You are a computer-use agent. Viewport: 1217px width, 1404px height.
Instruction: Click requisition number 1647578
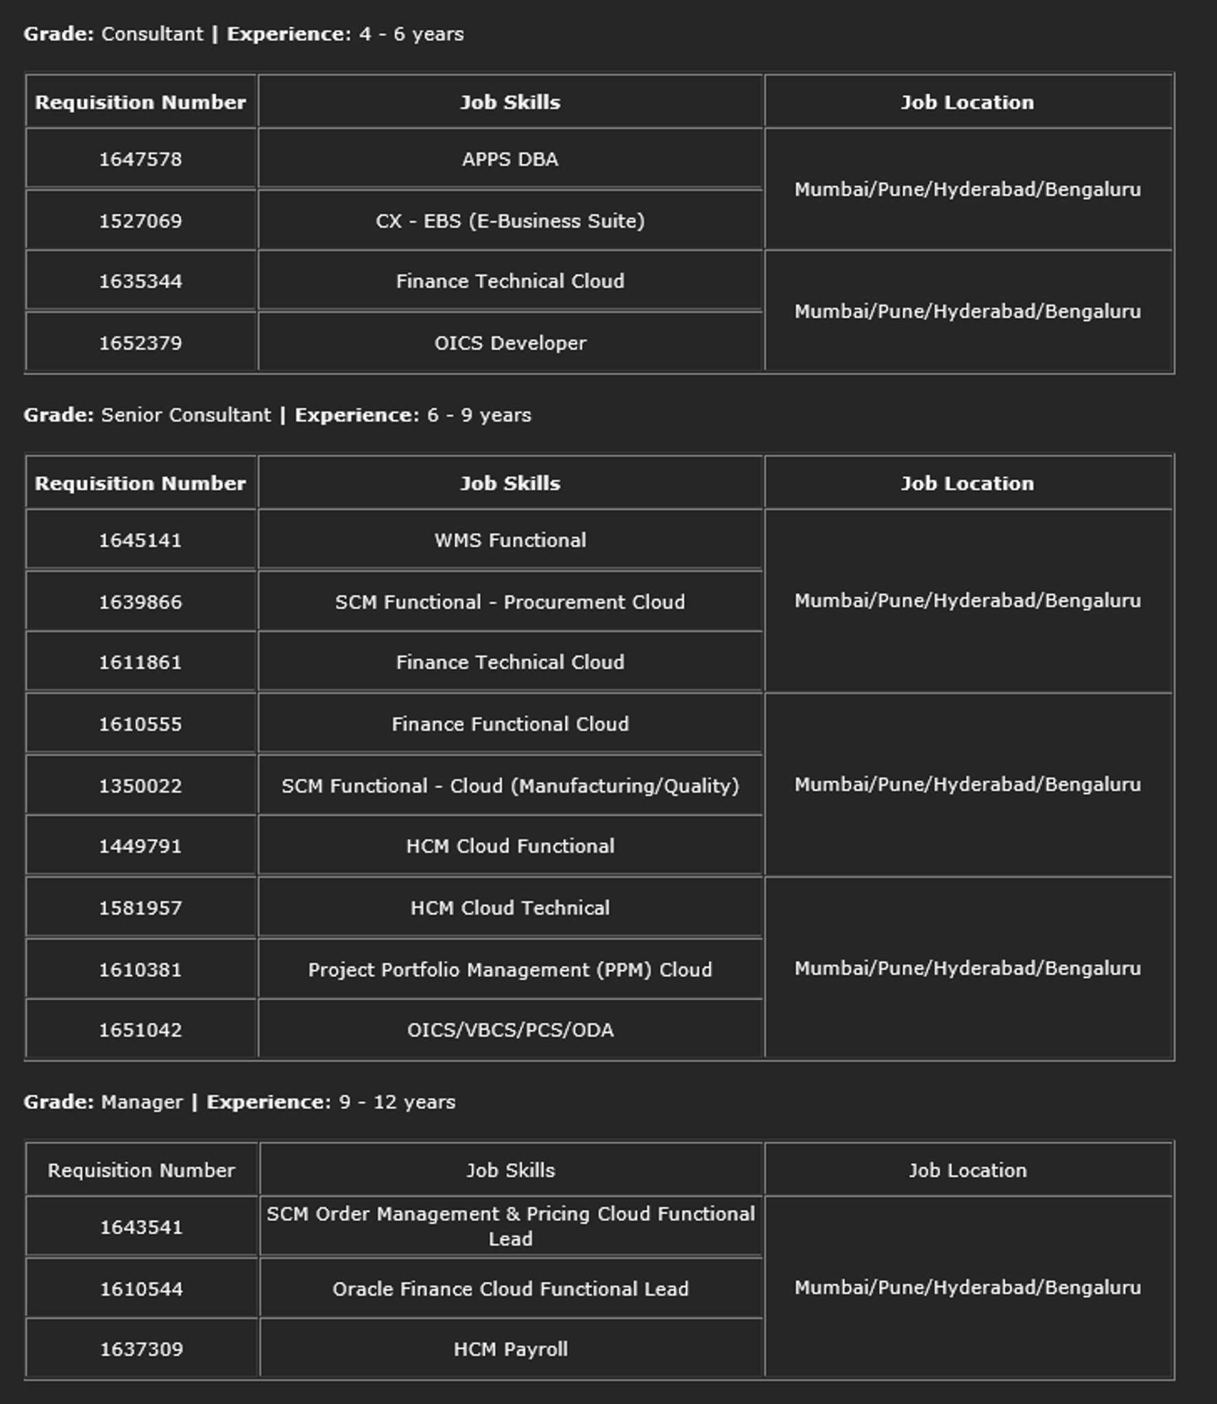(x=141, y=159)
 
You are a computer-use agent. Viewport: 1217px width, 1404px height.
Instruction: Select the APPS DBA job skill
(x=509, y=159)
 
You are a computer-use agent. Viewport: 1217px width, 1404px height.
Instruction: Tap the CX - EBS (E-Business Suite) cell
(x=509, y=221)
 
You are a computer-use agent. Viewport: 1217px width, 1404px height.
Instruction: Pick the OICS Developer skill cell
(x=509, y=343)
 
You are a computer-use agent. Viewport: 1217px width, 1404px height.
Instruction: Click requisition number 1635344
(x=141, y=281)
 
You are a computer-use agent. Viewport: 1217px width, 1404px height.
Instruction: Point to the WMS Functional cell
(x=509, y=540)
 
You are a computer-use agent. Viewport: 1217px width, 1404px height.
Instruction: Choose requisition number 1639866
(x=141, y=602)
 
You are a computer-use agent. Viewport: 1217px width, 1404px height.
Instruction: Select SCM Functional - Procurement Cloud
(x=509, y=602)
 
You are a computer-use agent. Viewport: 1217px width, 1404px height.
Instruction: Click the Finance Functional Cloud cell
(x=509, y=724)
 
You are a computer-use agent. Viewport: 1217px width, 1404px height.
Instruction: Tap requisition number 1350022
(x=141, y=786)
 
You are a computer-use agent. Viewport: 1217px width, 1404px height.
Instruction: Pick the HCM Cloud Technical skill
(x=509, y=908)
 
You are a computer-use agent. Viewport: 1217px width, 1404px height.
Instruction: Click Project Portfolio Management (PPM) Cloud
(x=509, y=969)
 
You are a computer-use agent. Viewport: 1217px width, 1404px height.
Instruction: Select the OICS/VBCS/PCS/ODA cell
(x=509, y=1030)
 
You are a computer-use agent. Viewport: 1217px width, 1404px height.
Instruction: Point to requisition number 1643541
(x=141, y=1227)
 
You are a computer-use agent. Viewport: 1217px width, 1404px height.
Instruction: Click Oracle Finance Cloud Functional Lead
(x=509, y=1289)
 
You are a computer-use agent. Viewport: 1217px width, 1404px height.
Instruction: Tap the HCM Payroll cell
(x=509, y=1349)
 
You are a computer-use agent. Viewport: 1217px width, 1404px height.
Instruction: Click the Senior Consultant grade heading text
(x=185, y=415)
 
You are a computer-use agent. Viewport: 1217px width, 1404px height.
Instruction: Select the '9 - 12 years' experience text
(x=397, y=1102)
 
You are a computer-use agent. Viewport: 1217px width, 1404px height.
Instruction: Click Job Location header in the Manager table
(x=967, y=1170)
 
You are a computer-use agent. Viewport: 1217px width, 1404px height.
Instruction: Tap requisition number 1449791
(x=141, y=846)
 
